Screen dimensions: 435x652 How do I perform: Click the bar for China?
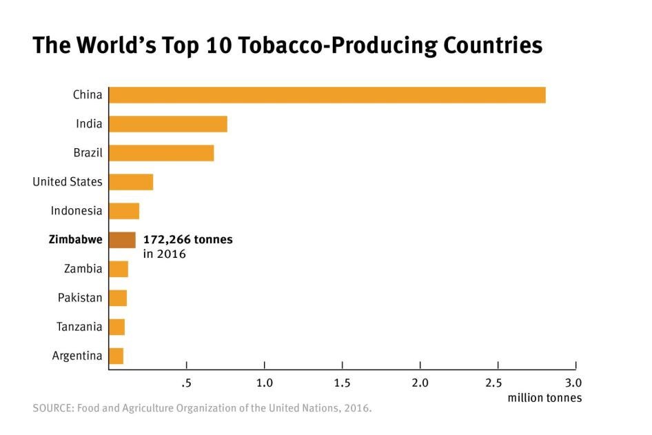(327, 95)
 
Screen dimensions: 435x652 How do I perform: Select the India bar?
(167, 124)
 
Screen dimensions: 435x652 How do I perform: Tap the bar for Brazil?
(161, 153)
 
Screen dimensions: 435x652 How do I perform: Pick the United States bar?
(131, 182)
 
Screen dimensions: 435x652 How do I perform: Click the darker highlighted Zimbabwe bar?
(122, 240)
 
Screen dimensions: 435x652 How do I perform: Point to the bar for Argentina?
(116, 356)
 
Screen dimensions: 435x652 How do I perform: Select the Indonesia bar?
(124, 211)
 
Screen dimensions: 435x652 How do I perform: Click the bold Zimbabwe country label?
(75, 240)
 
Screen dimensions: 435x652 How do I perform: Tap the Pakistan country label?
(80, 298)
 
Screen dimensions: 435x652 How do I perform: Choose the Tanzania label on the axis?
(79, 327)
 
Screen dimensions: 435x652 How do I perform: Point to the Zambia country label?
(83, 269)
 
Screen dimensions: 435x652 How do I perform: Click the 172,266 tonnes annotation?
(187, 240)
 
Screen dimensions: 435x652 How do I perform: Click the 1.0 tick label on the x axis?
(264, 383)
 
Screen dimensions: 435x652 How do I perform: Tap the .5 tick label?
(185, 383)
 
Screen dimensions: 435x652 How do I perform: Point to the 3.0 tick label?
(573, 383)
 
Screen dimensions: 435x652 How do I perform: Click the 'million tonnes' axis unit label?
(544, 398)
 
